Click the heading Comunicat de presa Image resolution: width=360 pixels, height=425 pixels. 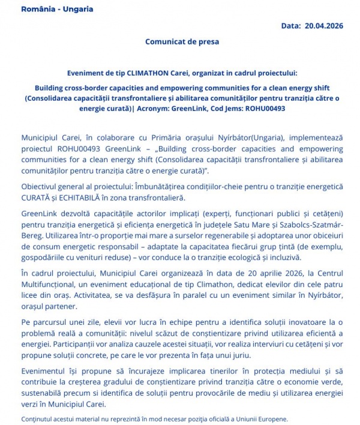(x=182, y=42)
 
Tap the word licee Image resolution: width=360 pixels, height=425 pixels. (x=31, y=295)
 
